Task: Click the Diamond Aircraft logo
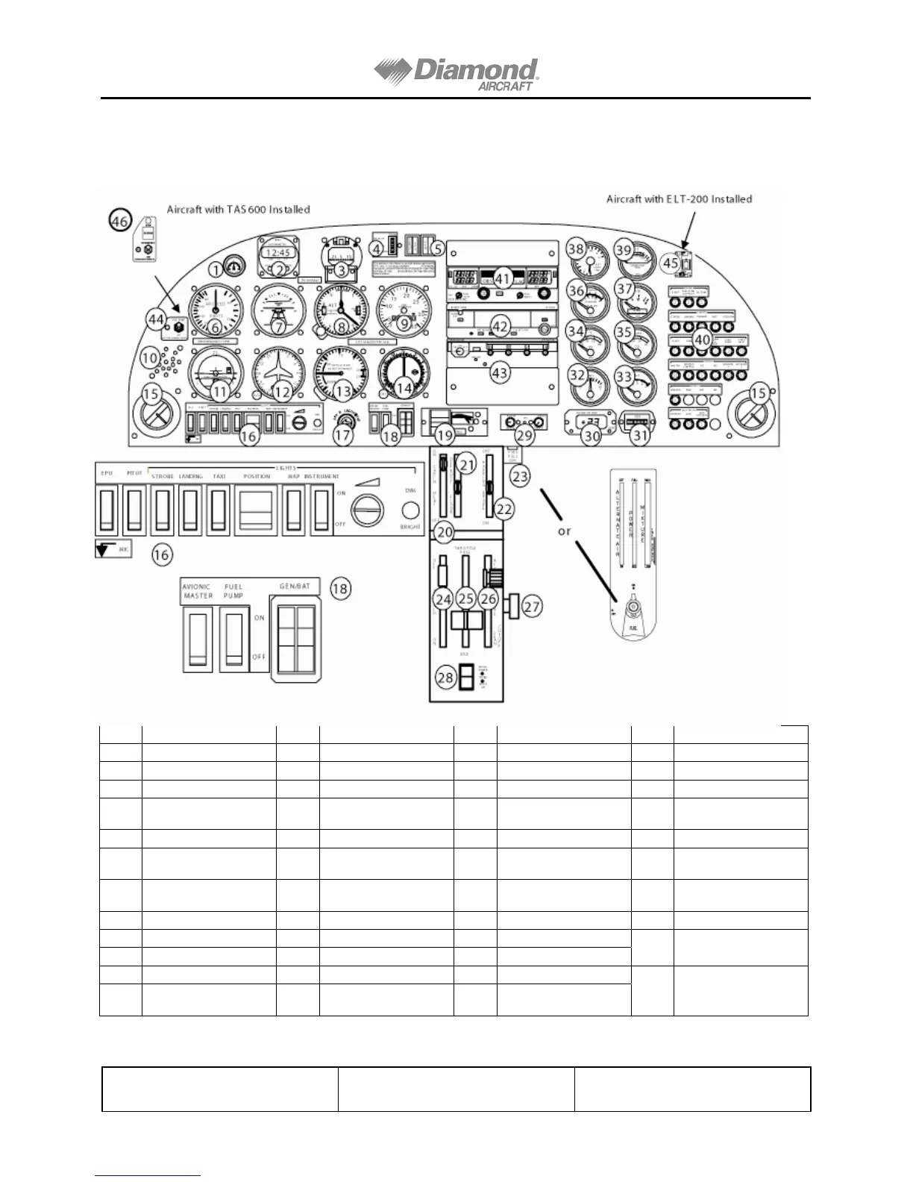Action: pos(456,74)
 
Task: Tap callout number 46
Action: pos(119,221)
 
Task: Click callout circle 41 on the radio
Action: pos(502,279)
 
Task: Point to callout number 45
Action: pos(671,263)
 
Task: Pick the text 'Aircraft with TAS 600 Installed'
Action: pos(238,210)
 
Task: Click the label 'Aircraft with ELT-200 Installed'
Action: pos(679,199)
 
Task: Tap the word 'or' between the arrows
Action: pos(564,531)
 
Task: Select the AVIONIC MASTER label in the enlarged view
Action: pos(198,591)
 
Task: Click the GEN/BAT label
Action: pos(294,587)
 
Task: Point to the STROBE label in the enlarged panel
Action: pos(163,476)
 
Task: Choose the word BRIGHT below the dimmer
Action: pos(409,527)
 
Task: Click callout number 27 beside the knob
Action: pos(531,607)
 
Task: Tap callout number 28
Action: pos(445,678)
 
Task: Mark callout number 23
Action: pos(520,476)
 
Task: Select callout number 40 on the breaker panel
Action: pos(702,340)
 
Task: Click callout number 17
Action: pos(342,435)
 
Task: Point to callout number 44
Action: pos(155,319)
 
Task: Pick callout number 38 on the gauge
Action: pos(575,248)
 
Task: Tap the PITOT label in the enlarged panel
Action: pos(134,473)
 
